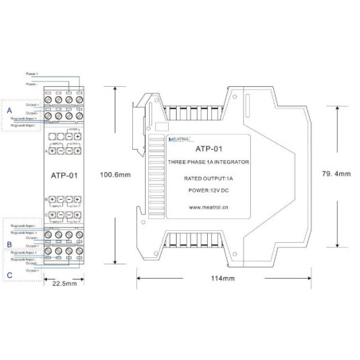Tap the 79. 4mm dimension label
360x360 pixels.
pos(335,174)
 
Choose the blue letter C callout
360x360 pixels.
pos(9,274)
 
